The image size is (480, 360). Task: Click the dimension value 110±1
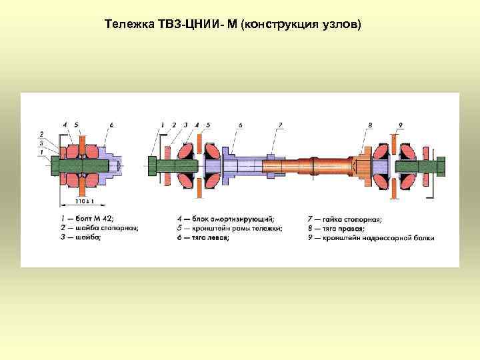pos(84,200)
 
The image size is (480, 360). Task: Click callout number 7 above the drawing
pos(281,125)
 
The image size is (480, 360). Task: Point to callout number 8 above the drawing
pos(370,125)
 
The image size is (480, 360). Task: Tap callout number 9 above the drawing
pos(400,125)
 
